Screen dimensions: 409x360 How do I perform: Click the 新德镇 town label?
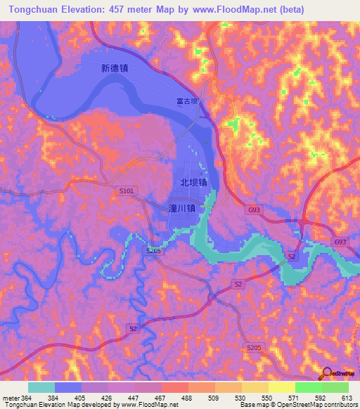click(114, 69)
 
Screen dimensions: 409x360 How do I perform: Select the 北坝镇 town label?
click(193, 182)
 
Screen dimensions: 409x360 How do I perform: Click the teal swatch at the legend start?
click(41, 387)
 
